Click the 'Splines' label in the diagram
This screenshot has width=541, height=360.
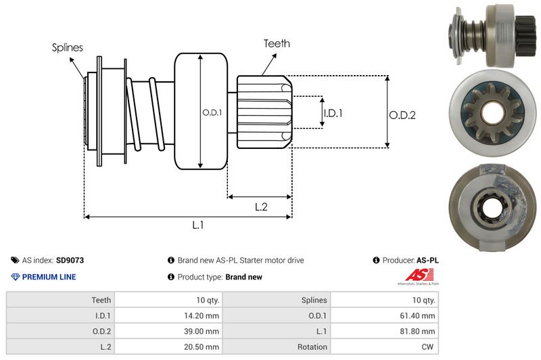click(x=67, y=47)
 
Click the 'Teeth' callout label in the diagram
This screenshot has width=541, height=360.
click(x=277, y=43)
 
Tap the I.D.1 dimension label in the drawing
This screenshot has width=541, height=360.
click(x=332, y=113)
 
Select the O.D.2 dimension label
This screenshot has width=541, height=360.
click(x=402, y=115)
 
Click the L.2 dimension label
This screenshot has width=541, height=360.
click(x=261, y=208)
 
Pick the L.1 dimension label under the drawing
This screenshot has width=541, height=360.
click(x=198, y=225)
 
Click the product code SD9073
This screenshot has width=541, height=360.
click(x=70, y=260)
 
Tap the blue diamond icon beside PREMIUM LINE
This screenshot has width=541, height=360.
click(x=15, y=277)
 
